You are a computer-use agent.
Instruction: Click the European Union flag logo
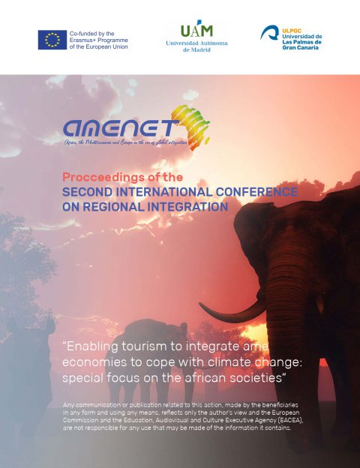click(x=52, y=40)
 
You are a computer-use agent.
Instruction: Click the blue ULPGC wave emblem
click(x=270, y=34)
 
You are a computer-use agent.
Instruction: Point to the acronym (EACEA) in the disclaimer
click(x=275, y=421)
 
